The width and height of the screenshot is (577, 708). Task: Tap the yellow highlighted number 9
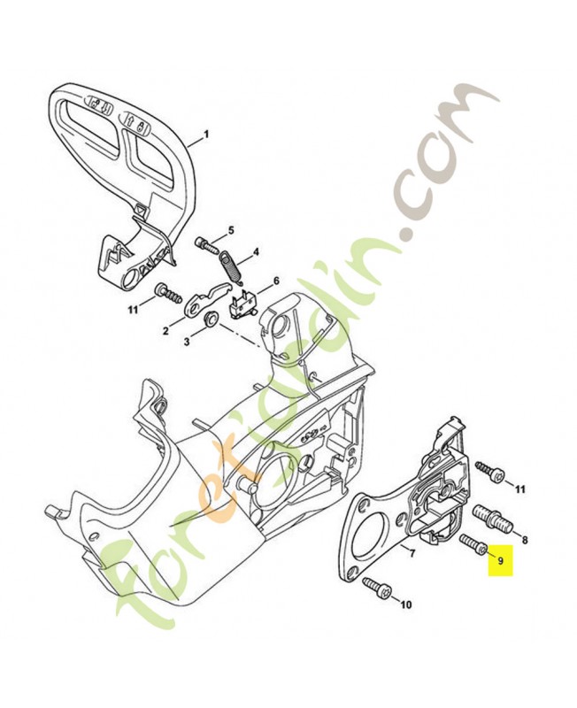coord(501,561)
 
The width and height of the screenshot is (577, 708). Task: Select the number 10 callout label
coord(406,605)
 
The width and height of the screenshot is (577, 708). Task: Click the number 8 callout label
coord(526,538)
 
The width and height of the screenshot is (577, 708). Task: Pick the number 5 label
coord(232,232)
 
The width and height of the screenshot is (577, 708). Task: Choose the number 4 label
coord(256,251)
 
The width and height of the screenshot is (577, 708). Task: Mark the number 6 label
coord(275,281)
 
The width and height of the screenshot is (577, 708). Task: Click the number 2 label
coord(165,331)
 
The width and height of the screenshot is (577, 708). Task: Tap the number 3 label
coord(187,341)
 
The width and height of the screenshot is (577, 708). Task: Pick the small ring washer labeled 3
coord(212,318)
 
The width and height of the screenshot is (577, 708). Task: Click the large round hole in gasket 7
coord(370,542)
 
